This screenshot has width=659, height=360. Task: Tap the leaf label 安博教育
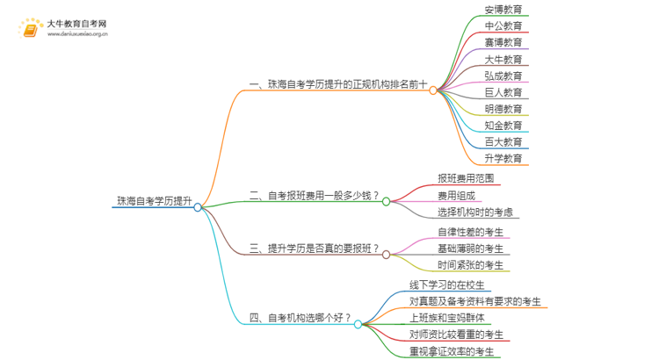[503, 10]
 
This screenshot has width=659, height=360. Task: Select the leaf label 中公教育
[503, 26]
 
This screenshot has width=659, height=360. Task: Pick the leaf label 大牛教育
[503, 60]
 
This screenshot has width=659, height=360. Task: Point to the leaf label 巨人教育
[503, 92]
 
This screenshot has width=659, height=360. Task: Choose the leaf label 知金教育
[503, 126]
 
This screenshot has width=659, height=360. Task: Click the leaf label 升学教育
[503, 159]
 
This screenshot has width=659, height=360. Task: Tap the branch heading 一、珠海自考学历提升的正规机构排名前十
[338, 85]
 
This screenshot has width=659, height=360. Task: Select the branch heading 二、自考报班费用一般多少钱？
[315, 195]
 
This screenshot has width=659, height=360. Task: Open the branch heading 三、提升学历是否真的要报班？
[315, 249]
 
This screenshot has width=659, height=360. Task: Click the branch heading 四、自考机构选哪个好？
[301, 318]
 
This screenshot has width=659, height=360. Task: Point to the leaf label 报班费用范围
[466, 178]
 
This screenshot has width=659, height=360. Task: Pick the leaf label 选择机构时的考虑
[475, 212]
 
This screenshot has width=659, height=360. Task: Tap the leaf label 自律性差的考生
[470, 233]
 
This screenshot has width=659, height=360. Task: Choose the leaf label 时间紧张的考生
[470, 266]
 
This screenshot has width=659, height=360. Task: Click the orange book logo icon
[30, 30]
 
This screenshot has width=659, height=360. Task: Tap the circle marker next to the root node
[198, 207]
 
